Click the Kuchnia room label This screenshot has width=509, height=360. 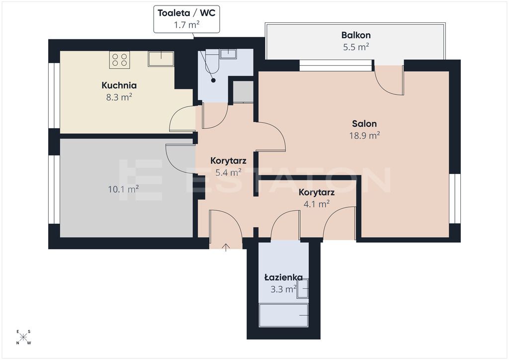119,86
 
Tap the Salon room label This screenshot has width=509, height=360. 364,124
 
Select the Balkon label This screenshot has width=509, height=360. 356,35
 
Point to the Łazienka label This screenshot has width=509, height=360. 284,277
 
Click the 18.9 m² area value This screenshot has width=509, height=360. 364,135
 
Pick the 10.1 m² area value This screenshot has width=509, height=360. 123,189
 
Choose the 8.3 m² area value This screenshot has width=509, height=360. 119,97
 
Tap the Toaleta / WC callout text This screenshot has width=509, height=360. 187,13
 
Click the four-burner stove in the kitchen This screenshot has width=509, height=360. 119,60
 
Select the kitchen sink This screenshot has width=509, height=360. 161,59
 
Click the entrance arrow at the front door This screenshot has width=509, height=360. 226,247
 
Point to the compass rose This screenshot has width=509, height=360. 23,337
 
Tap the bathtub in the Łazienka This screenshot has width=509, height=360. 283,315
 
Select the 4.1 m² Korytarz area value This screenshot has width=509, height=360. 317,204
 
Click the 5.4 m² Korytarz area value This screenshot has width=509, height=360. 228,173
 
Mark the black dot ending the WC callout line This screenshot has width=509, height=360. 213,80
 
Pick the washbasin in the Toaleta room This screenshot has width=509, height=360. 228,54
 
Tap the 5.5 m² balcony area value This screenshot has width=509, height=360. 356,47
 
